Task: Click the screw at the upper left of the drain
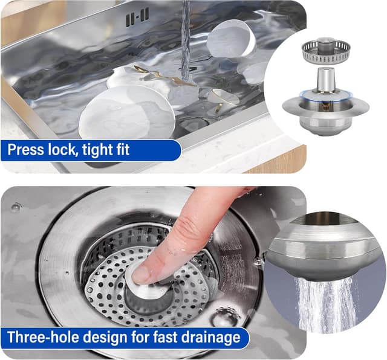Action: tap(15, 207)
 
